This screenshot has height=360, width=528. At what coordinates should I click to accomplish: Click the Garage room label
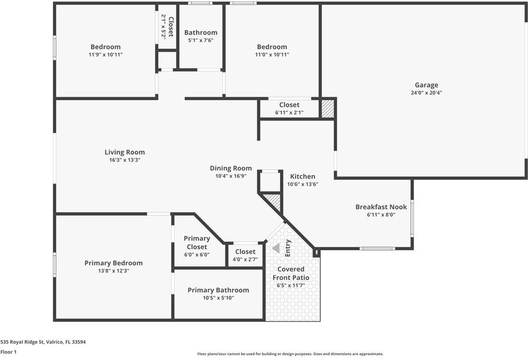[427, 85]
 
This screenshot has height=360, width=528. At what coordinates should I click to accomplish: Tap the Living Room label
[125, 152]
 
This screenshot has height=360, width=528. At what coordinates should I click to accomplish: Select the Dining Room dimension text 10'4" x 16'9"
[231, 176]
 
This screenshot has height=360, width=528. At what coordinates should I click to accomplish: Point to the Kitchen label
[303, 176]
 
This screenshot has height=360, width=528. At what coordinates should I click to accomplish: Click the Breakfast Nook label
[381, 207]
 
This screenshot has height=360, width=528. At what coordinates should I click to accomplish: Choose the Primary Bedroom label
[113, 263]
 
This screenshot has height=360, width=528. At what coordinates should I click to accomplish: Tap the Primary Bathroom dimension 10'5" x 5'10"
[218, 298]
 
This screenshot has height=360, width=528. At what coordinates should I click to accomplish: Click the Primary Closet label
[197, 242]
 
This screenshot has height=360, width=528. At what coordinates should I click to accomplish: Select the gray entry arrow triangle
[276, 248]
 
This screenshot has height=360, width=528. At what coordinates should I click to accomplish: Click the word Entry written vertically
[287, 248]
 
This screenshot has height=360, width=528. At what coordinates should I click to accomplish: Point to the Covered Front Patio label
[291, 274]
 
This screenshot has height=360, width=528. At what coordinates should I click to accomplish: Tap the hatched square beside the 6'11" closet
[328, 109]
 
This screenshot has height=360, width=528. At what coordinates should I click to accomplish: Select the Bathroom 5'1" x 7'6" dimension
[200, 40]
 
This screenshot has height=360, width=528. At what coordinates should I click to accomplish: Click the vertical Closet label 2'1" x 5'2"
[167, 26]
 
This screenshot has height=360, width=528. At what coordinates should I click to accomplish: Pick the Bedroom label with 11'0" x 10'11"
[272, 47]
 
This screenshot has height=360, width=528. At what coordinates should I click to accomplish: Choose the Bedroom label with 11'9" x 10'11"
[106, 47]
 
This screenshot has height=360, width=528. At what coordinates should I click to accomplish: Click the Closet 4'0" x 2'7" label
[245, 251]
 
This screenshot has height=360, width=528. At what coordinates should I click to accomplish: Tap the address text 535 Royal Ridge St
[22, 342]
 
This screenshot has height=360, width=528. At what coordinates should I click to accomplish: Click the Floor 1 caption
[8, 352]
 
